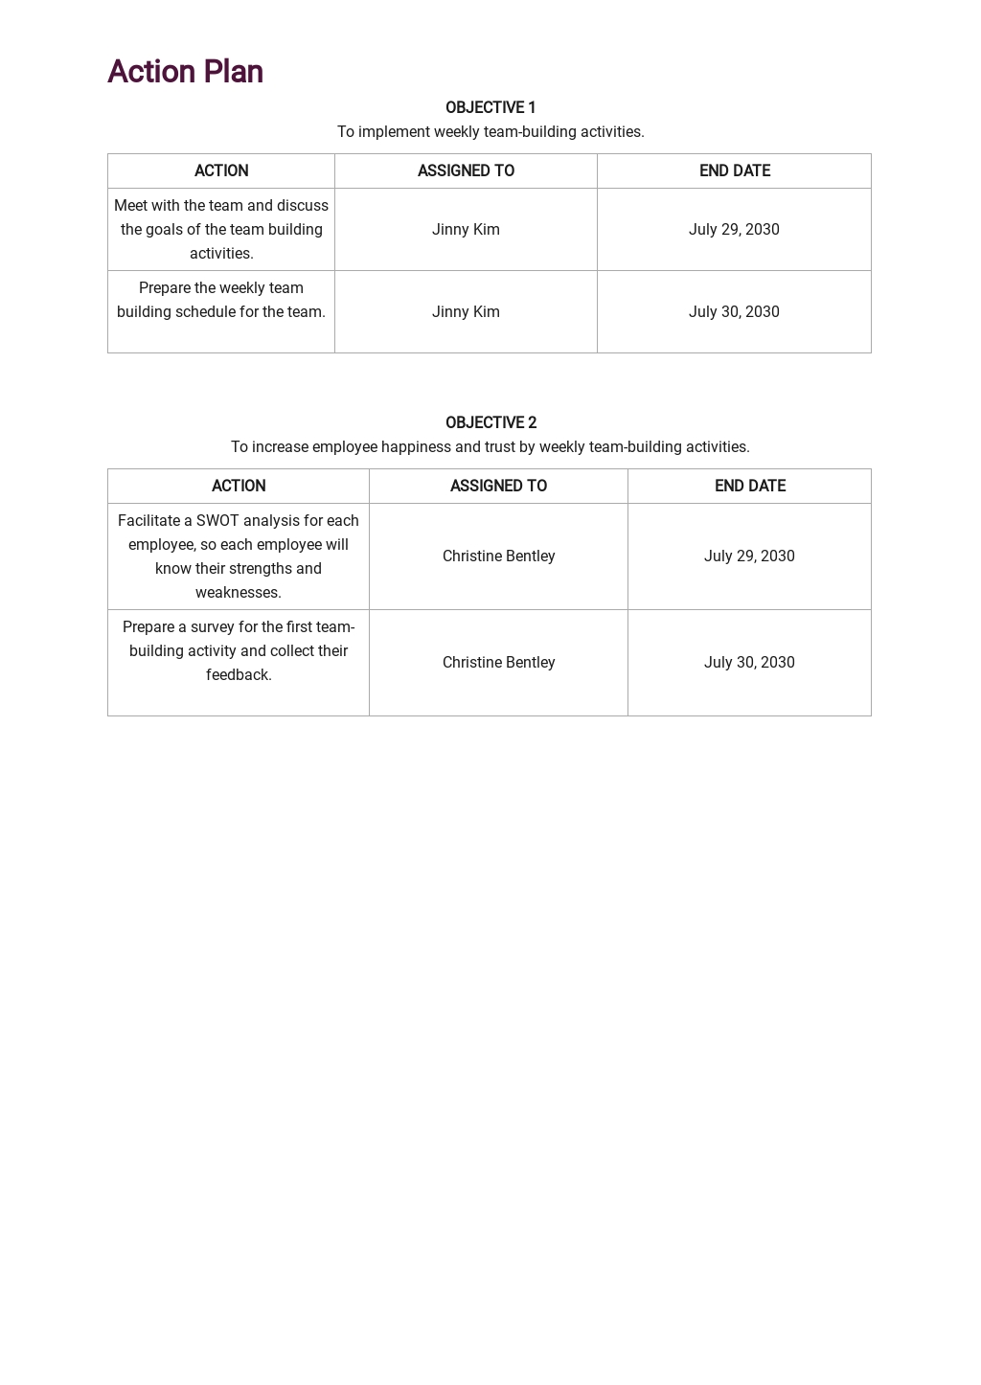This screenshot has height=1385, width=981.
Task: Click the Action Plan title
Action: [x=185, y=72]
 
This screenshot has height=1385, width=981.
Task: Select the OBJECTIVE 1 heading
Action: [x=490, y=107]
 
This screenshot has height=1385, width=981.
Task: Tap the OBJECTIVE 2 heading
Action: [x=490, y=422]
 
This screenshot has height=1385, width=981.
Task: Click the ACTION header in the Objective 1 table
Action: [x=221, y=170]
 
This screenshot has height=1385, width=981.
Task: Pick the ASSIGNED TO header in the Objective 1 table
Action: [x=466, y=170]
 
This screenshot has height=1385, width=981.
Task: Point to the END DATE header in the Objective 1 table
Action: [x=735, y=170]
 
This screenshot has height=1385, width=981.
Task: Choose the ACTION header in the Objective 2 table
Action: [x=239, y=486]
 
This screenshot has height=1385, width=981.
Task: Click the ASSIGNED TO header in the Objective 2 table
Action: [x=498, y=486]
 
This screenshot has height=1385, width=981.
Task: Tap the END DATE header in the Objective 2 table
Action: [x=750, y=486]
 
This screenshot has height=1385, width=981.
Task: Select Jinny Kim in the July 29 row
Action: [x=466, y=230]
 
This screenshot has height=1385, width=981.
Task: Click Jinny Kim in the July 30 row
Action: [x=466, y=312]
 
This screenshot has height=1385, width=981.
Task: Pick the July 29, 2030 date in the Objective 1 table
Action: [x=734, y=230]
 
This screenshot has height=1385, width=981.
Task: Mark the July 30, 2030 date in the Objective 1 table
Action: [x=734, y=312]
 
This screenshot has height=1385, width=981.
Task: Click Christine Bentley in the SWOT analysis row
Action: [x=498, y=556]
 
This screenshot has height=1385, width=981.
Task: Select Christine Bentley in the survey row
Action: [x=498, y=663]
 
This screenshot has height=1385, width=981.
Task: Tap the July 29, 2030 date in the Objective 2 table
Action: [x=749, y=556]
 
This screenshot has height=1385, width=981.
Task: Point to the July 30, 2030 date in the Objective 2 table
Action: [x=749, y=663]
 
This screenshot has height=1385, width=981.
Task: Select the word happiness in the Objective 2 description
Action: [x=416, y=447]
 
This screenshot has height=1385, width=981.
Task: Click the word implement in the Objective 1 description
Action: [x=394, y=132]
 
